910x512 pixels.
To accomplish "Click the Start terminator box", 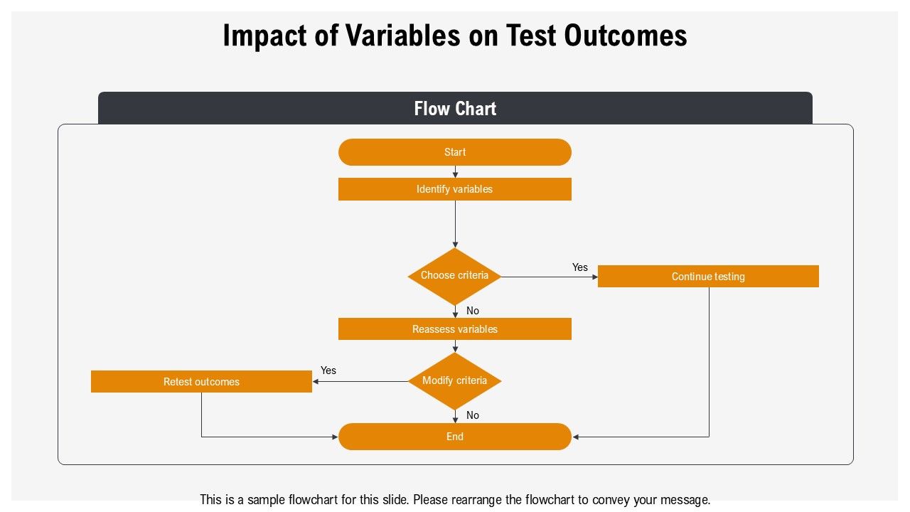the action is point(454,152).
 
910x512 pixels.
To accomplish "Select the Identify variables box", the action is point(454,189).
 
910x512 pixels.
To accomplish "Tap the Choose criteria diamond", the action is point(454,277).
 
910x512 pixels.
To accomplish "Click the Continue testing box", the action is point(708,277).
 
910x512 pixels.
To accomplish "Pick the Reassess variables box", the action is point(454,329).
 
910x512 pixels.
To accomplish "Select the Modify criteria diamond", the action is point(454,381).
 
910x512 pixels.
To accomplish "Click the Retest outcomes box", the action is point(201,382).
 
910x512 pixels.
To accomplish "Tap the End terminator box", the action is point(454,437).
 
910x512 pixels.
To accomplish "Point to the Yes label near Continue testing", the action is point(579,267).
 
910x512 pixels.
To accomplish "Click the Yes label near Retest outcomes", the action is point(328,370).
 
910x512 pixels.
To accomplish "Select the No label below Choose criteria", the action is point(473,311).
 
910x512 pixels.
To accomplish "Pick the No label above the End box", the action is point(473,415).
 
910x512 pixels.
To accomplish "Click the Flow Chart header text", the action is point(455,109).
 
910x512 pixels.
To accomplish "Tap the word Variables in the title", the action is point(402,36).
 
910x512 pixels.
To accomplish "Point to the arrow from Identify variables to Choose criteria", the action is point(455,224).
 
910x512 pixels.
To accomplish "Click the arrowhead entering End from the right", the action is point(575,437).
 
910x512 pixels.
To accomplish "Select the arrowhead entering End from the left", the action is point(335,437).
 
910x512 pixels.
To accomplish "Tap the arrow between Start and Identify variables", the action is point(455,172).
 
